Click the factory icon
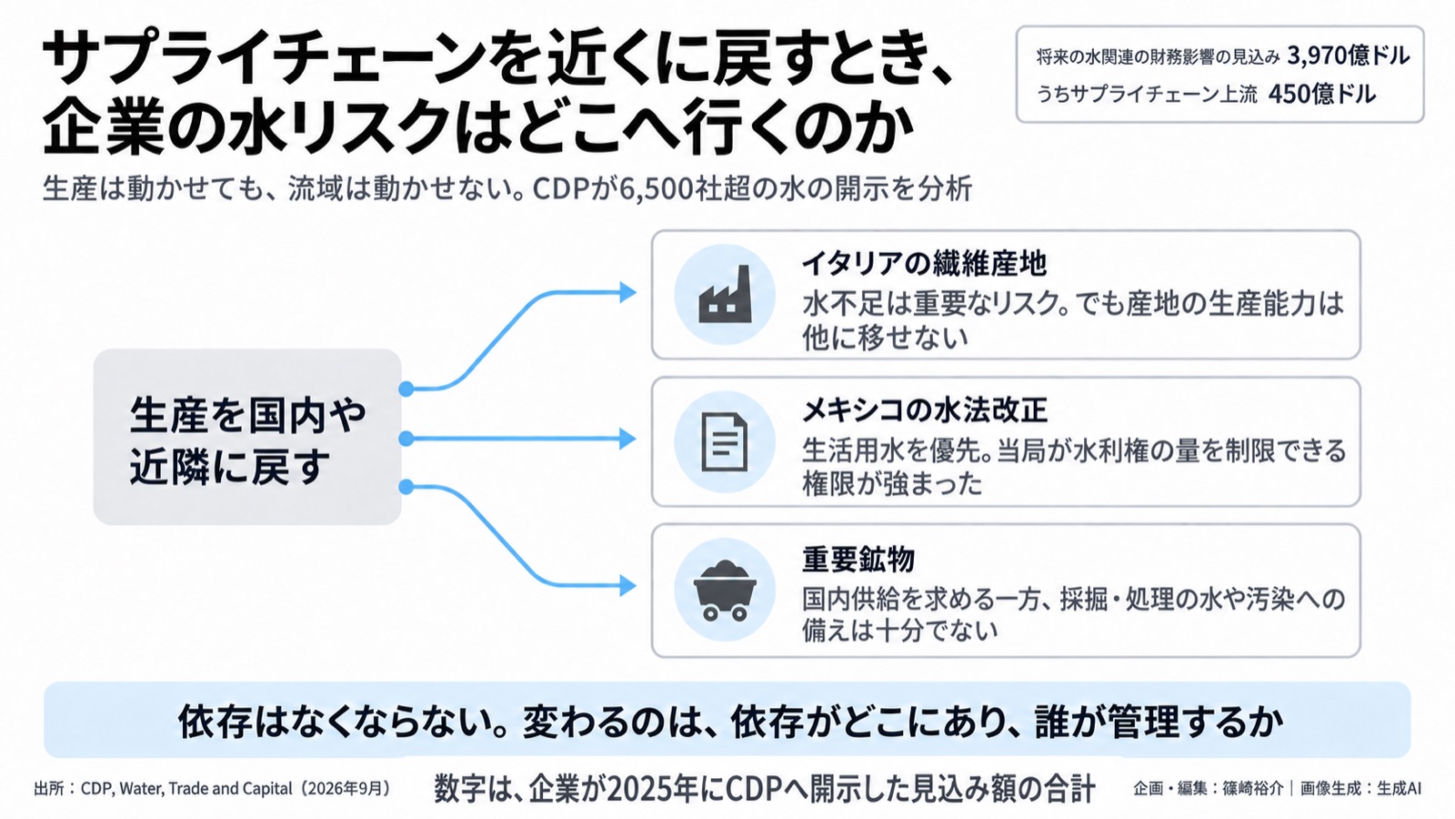coord(725,295)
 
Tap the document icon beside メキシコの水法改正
coord(724,442)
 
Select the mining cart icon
coord(725,591)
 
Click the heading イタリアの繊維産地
coord(924,263)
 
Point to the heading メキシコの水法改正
coord(924,410)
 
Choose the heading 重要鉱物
coord(858,559)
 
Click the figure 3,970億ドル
coord(1349,56)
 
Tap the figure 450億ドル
coord(1322,95)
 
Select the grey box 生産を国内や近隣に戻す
coord(247,437)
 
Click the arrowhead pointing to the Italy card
coord(627,292)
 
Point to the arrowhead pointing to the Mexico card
coord(627,439)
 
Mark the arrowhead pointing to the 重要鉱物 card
coord(627,586)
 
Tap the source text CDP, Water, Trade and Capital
coord(186,789)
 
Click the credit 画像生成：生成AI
coord(1360,788)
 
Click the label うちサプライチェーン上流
coord(1147,95)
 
